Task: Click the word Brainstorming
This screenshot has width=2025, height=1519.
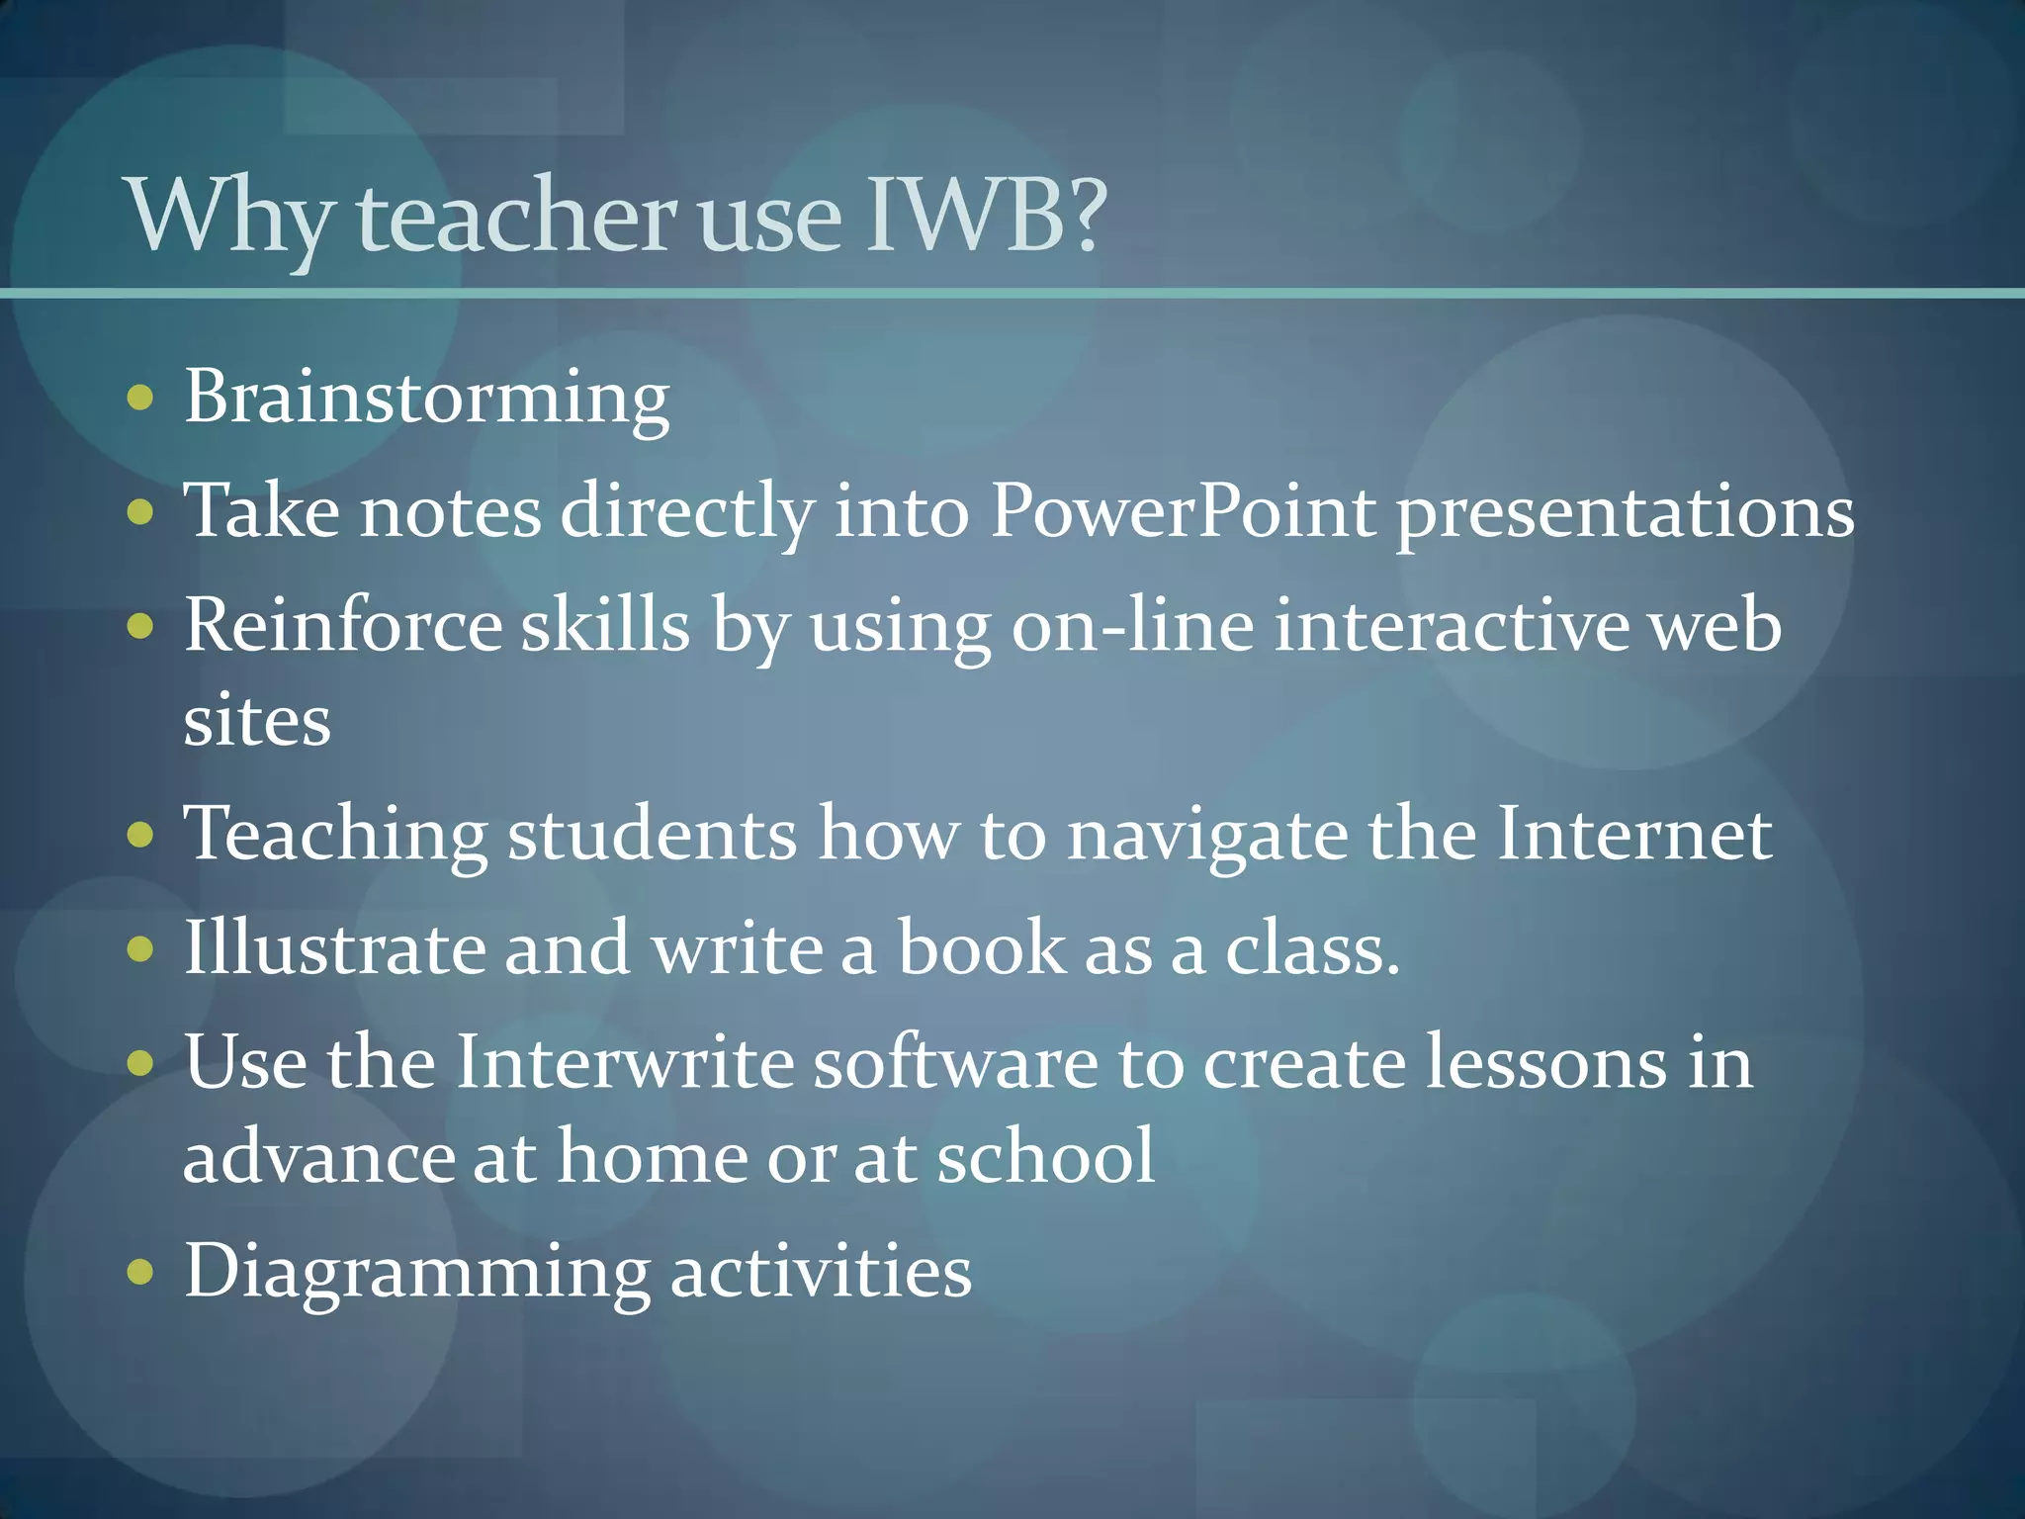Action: [426, 399]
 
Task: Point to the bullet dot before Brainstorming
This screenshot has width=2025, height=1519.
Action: [141, 398]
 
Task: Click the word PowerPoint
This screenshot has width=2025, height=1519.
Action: [1183, 512]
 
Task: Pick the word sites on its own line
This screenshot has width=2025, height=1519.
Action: [257, 720]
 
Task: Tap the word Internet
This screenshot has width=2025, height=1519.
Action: [1633, 834]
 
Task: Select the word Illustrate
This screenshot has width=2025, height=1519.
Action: [334, 948]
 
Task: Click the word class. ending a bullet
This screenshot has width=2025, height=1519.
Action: [1312, 948]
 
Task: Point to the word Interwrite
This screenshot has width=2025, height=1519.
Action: [625, 1063]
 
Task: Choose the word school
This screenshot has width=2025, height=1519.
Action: [1045, 1156]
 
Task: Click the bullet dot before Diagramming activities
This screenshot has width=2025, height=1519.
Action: [141, 1271]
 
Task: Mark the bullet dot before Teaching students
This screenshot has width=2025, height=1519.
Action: [141, 834]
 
